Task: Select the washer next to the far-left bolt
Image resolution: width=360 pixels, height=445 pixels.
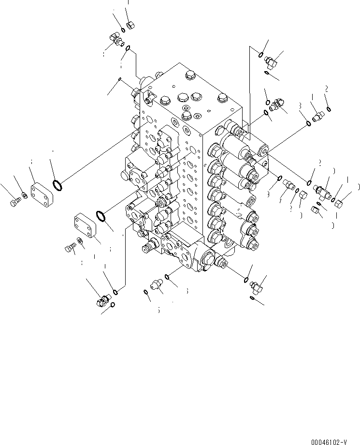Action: [23, 196]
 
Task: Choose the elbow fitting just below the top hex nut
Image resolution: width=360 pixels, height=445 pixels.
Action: [115, 42]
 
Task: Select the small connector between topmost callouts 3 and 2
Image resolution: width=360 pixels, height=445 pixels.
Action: [318, 117]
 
